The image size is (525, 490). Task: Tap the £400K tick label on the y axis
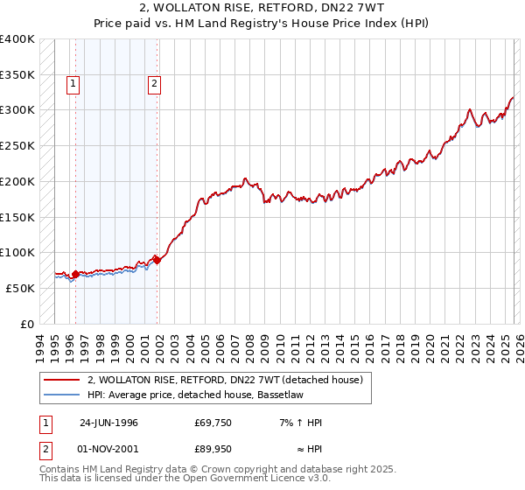[17, 39]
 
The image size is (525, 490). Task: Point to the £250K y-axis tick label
[17, 146]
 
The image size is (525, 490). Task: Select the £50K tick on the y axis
[20, 288]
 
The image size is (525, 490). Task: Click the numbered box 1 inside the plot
[72, 84]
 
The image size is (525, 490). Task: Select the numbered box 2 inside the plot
[154, 84]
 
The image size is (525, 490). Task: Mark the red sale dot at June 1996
[75, 274]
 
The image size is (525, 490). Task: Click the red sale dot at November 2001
[157, 259]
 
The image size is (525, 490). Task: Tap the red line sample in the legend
[61, 380]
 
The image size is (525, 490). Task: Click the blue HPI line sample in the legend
[61, 395]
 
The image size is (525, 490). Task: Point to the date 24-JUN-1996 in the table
[108, 423]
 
